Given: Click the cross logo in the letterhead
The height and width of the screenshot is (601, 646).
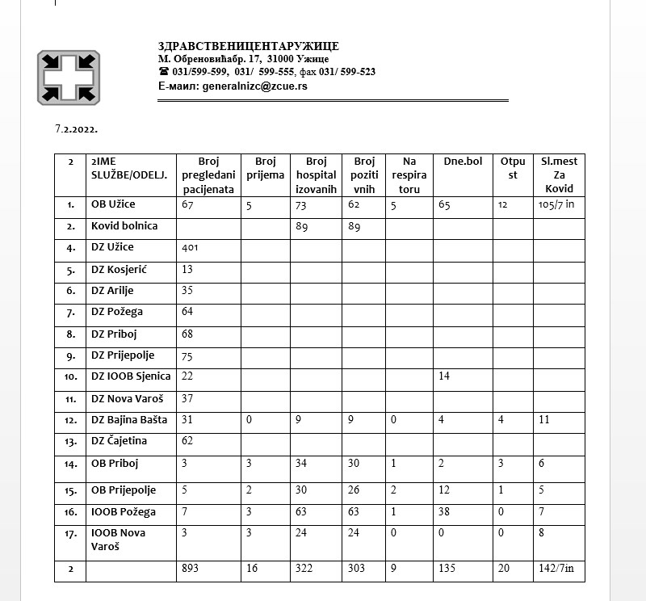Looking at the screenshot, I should pos(69,77).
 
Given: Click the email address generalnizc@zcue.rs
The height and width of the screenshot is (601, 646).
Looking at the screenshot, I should pos(254,85).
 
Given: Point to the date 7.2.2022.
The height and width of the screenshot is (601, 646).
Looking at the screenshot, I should pos(76,128).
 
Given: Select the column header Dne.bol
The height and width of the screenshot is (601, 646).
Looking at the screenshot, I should pos(463,162).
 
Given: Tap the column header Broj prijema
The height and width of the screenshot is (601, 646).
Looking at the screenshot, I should pos(265,168).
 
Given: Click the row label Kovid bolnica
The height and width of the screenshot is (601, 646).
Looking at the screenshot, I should pos(124,226).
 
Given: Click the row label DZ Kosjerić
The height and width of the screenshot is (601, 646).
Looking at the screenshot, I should pos(119,269).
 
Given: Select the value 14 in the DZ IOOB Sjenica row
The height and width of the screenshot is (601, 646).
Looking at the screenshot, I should pos(443,376).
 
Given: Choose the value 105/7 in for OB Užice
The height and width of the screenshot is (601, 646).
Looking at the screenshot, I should pos(556,205).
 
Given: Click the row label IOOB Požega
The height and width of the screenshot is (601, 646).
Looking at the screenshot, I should pos(124,511).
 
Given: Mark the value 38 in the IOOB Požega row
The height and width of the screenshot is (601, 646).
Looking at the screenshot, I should pos(444,512).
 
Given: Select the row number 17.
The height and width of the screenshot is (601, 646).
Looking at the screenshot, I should pos(71,533).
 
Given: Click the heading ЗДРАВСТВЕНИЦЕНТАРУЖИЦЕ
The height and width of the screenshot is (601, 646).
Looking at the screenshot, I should pos(249,46).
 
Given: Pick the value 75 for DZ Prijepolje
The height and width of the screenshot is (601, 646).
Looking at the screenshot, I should pos(188,355).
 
